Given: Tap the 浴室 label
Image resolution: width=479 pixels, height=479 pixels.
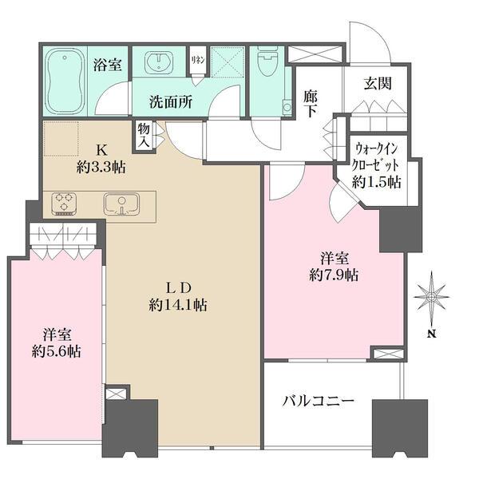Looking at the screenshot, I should click(x=108, y=65).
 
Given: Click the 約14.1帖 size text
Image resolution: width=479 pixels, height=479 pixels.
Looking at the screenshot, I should click(x=177, y=305).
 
